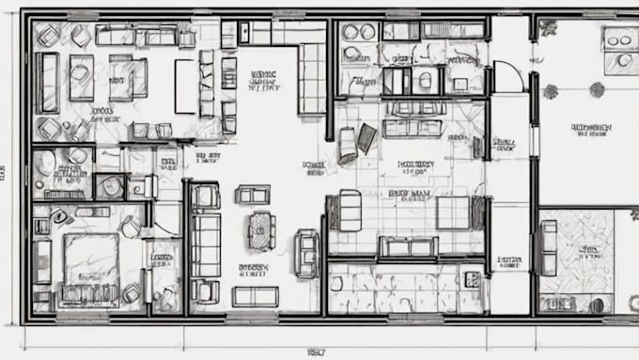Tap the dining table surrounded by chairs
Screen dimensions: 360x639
(x=261, y=229)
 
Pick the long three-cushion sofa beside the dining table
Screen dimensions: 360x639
(x=205, y=243)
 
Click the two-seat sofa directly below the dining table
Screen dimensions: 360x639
(x=256, y=296)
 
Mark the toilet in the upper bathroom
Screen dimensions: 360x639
(x=425, y=79)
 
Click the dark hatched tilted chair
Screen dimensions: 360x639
(x=366, y=138)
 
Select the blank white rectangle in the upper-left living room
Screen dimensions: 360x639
(x=185, y=86)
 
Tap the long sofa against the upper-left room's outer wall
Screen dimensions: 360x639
(x=47, y=82)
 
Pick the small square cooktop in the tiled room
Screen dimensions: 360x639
(x=472, y=279)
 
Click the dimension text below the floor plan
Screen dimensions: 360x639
(x=316, y=352)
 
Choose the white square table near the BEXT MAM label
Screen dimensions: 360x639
(x=453, y=212)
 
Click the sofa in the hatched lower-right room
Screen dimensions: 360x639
(x=549, y=247)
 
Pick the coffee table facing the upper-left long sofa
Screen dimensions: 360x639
(x=82, y=78)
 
